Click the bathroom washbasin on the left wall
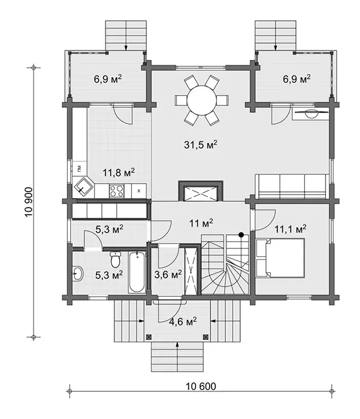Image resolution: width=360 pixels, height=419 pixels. pos(78,274)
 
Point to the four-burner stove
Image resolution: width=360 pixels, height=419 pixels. pos(117,191)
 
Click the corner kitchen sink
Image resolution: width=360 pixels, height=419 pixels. pos(83,187)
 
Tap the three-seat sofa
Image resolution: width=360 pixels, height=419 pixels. pos(292,186)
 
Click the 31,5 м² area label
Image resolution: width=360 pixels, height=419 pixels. pos(200,145)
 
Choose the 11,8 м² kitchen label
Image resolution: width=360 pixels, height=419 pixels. pos(119,172)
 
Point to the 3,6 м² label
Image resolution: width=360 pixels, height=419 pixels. pos(168,274)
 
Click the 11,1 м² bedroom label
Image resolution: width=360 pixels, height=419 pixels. pos(291,229)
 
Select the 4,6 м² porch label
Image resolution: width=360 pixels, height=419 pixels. pos(183,321)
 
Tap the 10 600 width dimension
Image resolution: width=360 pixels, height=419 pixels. pos(201,387)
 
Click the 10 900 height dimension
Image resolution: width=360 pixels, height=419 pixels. pos(29,202)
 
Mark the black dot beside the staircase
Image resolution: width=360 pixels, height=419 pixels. pos(241,235)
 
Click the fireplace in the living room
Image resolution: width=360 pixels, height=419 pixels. pos(201,191)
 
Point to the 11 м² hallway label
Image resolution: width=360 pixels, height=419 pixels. pos(201,223)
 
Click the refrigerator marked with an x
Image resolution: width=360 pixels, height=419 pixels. pos(139,191)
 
